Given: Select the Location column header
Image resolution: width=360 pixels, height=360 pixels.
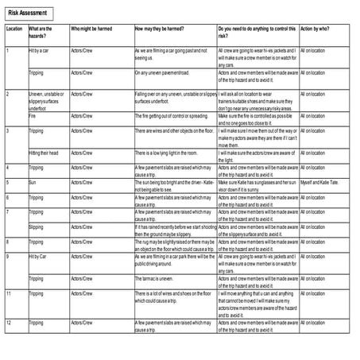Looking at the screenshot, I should (x=14, y=29).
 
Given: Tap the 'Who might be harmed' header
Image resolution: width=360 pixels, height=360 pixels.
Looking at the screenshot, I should (x=88, y=29).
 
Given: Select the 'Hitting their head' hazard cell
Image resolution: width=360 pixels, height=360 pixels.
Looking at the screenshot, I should (x=43, y=152).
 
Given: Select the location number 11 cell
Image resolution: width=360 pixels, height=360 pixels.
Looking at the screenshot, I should (x=7, y=293).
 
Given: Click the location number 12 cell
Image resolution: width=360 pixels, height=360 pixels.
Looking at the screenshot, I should (x=7, y=323).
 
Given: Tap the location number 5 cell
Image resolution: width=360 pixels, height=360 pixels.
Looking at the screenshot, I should (x=7, y=181).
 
